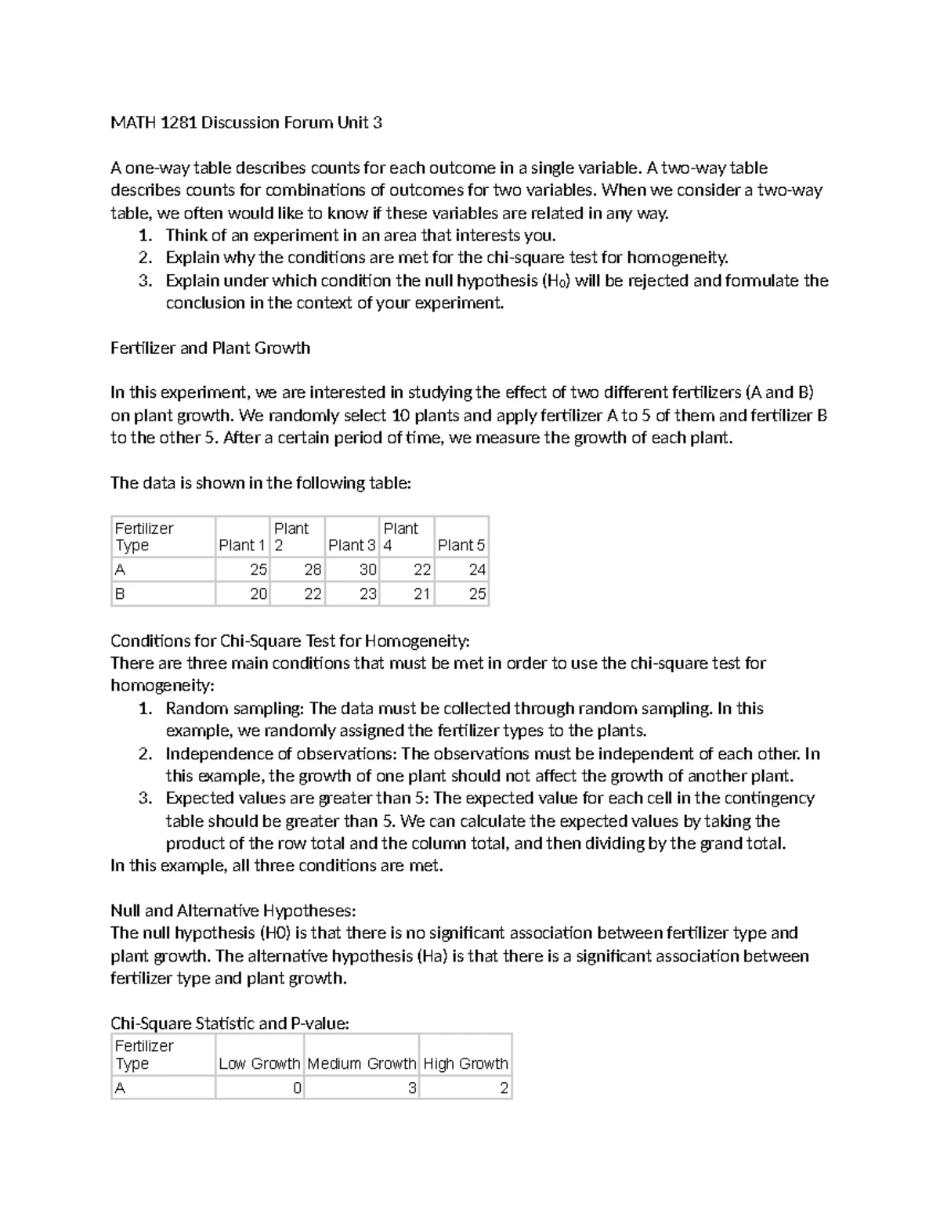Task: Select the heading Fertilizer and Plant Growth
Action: coord(210,348)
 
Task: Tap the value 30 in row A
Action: coord(367,570)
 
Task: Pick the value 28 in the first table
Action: coord(313,570)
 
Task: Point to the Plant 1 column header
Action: coord(241,545)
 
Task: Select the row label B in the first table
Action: coord(120,594)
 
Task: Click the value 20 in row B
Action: coord(258,594)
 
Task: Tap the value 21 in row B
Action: coord(421,594)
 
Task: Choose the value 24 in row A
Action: coord(476,570)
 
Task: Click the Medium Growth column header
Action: coord(361,1063)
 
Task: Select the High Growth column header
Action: coord(465,1063)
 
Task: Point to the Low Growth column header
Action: coord(259,1063)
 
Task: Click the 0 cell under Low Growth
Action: coord(297,1088)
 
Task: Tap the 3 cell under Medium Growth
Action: coord(412,1088)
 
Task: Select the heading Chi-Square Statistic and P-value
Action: coord(230,1023)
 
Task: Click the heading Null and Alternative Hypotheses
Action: coord(233,911)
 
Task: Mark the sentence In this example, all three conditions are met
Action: coord(277,865)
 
